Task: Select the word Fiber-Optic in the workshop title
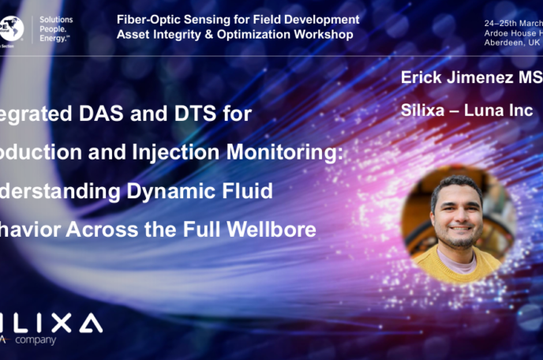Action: point(145,19)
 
